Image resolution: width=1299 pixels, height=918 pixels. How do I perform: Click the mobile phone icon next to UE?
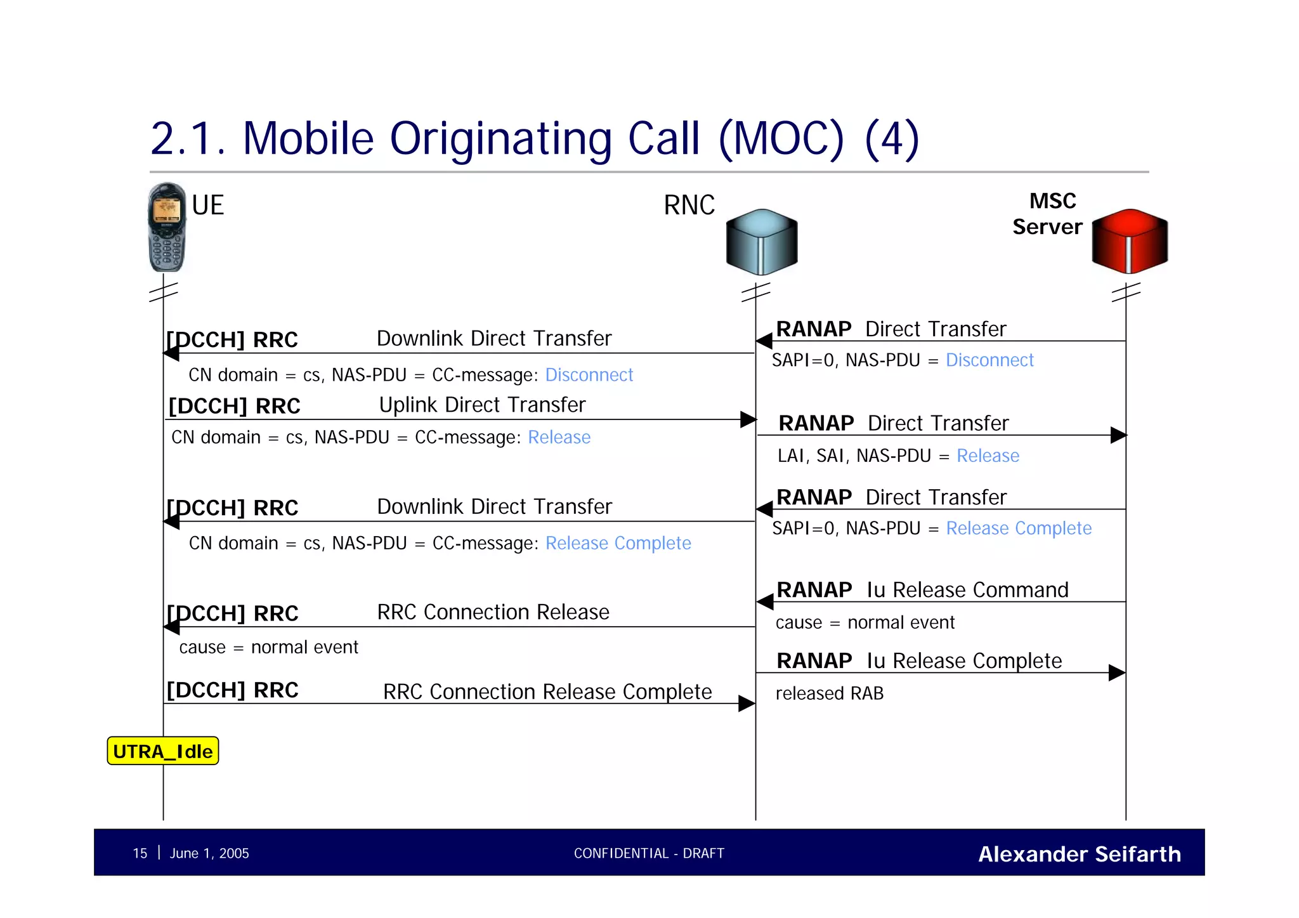(167, 227)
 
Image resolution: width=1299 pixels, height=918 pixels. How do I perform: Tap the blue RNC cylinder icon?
(761, 242)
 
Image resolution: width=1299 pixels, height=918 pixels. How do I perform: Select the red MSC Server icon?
(1130, 241)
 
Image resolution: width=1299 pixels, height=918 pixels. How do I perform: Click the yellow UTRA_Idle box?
(163, 751)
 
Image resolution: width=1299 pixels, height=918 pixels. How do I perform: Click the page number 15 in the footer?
(140, 853)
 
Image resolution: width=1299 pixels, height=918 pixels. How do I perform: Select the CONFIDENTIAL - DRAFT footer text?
(649, 853)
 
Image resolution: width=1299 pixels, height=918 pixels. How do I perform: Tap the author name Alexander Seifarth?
(1079, 854)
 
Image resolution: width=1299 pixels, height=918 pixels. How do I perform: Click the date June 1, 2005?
(209, 853)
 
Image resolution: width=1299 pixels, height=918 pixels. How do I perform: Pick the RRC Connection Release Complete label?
(547, 692)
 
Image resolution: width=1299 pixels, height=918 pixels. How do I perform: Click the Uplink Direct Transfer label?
(482, 405)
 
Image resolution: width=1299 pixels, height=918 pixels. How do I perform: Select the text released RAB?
(829, 693)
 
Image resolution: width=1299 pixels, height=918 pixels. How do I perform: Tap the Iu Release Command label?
(967, 590)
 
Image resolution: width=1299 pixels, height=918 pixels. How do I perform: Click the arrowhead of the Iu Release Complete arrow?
(1117, 672)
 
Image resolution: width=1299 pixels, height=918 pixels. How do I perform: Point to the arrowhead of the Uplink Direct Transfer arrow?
(748, 419)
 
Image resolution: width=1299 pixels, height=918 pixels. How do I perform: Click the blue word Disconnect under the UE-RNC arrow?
(589, 375)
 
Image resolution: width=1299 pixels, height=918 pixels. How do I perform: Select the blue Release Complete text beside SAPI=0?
(1019, 528)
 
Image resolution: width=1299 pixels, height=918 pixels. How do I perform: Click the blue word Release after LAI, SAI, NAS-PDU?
(988, 456)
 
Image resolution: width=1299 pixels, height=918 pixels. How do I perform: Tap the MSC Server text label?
(1047, 214)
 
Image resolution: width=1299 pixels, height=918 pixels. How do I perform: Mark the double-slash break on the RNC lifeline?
(755, 292)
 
